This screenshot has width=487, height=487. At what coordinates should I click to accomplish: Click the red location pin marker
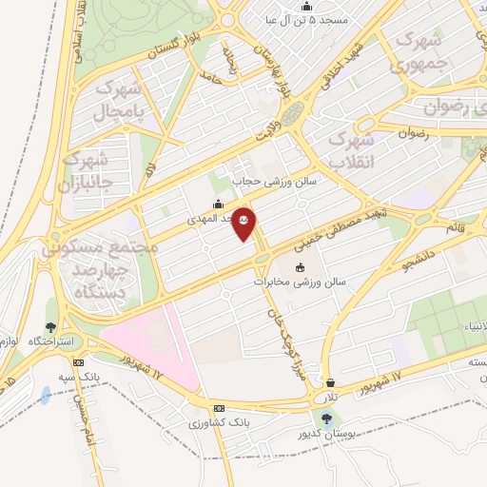(244, 224)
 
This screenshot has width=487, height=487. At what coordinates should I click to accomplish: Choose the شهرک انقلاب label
(353, 149)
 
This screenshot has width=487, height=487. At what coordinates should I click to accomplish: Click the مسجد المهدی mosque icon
(218, 203)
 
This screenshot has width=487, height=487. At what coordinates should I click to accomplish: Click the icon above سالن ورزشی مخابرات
(302, 267)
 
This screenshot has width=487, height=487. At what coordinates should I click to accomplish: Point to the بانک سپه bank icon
(78, 361)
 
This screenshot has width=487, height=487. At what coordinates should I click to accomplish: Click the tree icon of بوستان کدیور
(327, 418)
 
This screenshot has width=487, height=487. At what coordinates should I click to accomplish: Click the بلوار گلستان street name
(176, 49)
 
